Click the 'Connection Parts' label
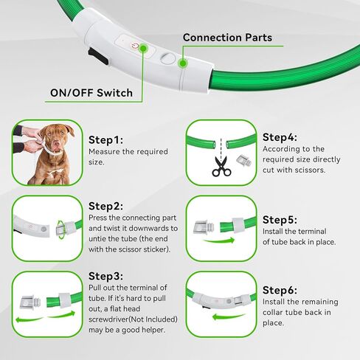coord(227,38)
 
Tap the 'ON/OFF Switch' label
coord(91,93)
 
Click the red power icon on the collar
coord(135,46)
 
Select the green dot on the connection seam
coord(182,63)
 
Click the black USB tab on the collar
coord(97,57)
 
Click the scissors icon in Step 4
coord(221,167)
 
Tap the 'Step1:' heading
coord(105,140)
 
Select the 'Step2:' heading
coord(105,206)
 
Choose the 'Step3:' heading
coord(105,276)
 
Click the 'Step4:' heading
coord(280,137)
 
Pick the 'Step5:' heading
coord(280,220)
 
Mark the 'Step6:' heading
coord(280,290)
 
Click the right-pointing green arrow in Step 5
coord(219,240)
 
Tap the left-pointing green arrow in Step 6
coord(228,316)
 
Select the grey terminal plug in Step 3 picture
coord(30,302)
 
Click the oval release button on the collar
coord(168,58)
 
